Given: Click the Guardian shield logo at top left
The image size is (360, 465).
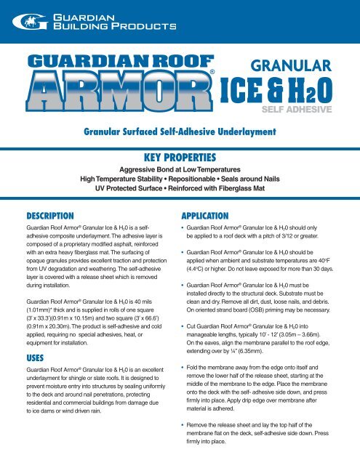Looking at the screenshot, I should [x=16, y=22].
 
